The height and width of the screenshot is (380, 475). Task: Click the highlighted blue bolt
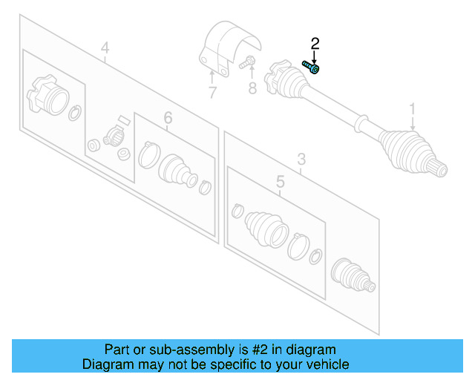(311, 68)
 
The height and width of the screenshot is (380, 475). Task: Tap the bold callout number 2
(315, 44)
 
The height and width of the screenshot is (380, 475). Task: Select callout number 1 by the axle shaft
(413, 110)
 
